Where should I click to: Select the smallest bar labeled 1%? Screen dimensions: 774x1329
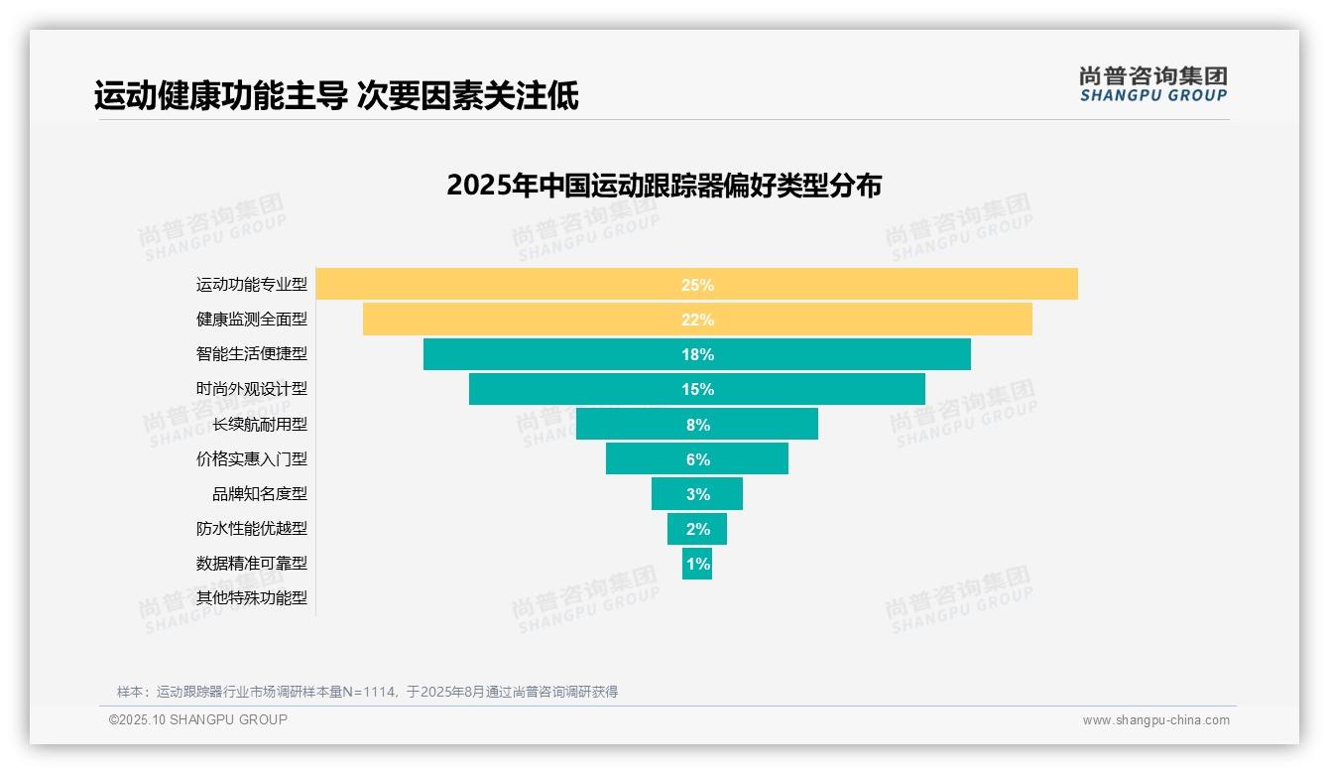click(x=697, y=564)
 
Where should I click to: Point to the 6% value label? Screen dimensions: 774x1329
click(x=697, y=459)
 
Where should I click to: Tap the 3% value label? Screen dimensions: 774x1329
click(x=697, y=494)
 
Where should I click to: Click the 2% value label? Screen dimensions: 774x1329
click(x=697, y=529)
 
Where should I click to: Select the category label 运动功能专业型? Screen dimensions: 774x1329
click(x=252, y=285)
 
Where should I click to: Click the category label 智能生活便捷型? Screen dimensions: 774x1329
click(x=252, y=354)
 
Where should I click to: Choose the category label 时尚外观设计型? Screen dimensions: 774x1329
click(x=252, y=389)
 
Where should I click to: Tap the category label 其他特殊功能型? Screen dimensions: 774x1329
click(x=252, y=598)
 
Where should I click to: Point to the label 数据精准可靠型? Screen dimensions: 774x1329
click(x=252, y=564)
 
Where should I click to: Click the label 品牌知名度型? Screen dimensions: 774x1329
click(x=260, y=494)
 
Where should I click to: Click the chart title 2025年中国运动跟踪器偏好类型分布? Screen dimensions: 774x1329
click(x=664, y=186)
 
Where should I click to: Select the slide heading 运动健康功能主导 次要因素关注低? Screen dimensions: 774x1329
click(x=336, y=96)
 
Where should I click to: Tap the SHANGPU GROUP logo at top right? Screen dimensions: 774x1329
click(x=1152, y=84)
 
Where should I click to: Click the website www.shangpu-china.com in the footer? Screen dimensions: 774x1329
click(x=1155, y=720)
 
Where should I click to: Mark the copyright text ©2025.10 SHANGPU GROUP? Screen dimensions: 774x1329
click(x=198, y=719)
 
